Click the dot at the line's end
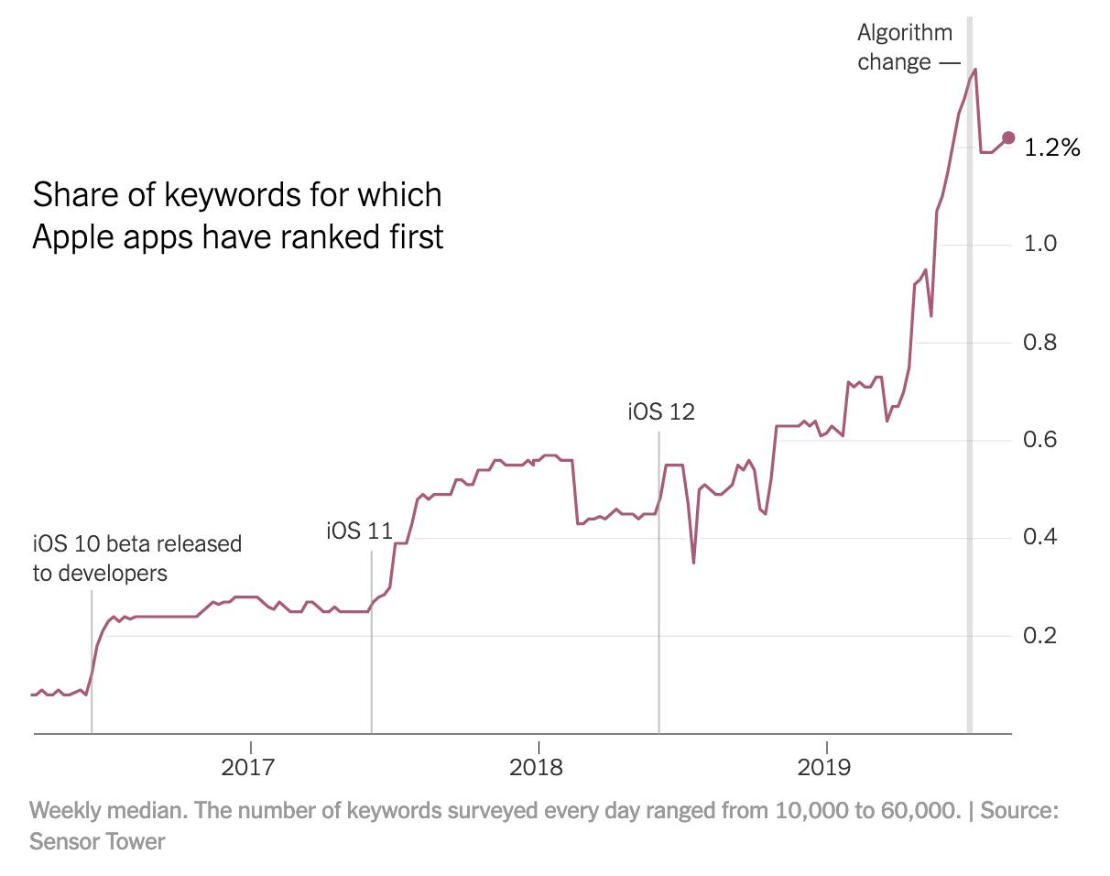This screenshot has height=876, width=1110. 1008,137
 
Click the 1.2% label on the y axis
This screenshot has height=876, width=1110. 1054,148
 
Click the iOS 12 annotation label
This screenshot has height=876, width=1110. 661,411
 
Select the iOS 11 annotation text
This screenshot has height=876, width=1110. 359,531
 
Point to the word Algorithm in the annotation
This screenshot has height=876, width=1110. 905,33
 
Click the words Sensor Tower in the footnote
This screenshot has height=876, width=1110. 97,840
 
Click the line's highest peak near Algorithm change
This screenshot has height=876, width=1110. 975,69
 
